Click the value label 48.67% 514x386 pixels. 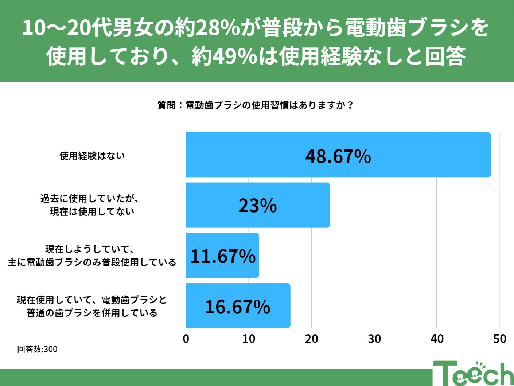(338, 156)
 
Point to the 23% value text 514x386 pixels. (257, 206)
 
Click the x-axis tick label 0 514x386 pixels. (186, 339)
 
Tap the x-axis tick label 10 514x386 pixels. (249, 339)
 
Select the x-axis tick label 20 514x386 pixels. (311, 339)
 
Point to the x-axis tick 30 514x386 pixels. (374, 339)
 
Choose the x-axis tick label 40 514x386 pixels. (437, 339)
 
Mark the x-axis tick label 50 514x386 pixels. (499, 339)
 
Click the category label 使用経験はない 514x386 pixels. (92, 156)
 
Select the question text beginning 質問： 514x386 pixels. (255, 105)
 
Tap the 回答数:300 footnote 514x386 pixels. (37, 349)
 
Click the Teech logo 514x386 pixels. (473, 373)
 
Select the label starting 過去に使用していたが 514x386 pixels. (90, 199)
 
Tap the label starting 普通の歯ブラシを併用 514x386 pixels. (92, 313)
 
